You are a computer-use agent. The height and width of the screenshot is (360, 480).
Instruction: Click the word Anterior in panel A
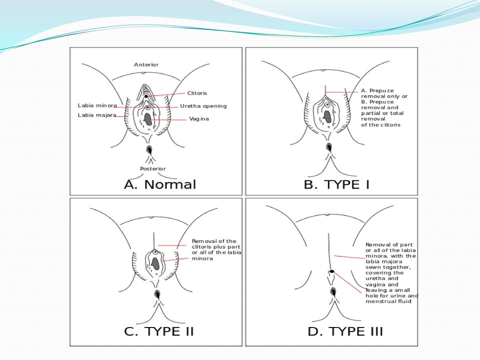coord(146,64)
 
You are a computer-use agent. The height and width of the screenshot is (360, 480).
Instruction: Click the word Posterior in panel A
coord(153,168)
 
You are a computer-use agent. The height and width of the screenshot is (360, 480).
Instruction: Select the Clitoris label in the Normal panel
coord(197,93)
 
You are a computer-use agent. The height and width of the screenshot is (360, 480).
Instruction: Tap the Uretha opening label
coord(203,106)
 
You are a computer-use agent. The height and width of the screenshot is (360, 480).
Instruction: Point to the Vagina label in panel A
coord(199,119)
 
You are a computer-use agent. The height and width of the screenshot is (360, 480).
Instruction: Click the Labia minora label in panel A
coord(97,105)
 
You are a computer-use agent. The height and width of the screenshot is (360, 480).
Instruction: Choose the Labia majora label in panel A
coord(97,115)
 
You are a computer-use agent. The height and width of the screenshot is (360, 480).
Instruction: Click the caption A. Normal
coord(160,184)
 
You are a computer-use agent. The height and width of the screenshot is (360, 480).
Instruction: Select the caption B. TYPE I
coord(336,184)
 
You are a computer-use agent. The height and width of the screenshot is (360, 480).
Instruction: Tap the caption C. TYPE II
coord(159,331)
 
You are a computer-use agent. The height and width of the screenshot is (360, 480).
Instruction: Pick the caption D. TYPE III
coord(345,331)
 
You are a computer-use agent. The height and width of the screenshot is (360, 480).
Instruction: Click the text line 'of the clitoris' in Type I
coord(380,125)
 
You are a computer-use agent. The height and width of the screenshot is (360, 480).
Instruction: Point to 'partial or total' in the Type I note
coord(382,113)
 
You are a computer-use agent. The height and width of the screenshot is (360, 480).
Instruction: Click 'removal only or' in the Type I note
coord(384,96)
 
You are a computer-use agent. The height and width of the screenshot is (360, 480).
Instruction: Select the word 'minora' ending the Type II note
coord(202,258)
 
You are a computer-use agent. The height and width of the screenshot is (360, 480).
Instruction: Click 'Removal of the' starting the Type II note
coord(214,241)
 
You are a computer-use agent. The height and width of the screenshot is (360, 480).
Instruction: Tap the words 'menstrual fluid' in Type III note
coord(388,301)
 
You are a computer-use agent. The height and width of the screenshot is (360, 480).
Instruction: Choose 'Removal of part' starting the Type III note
coord(389,245)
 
